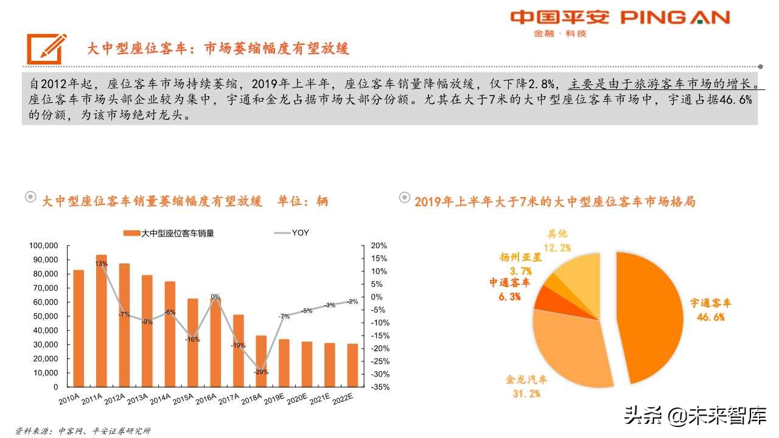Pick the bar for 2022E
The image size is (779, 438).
[x=352, y=365]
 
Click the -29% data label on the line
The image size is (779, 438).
[x=261, y=372]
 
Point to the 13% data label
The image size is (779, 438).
[x=101, y=263]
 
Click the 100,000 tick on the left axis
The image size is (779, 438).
[x=43, y=246]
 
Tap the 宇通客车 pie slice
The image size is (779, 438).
[x=651, y=316]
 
